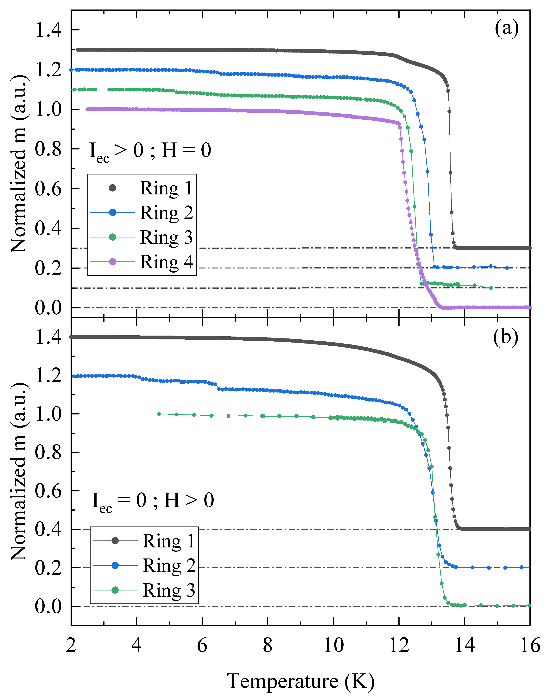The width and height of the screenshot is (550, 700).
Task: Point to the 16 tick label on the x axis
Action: pos(530,646)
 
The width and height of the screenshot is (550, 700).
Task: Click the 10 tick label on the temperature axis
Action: pos(333,646)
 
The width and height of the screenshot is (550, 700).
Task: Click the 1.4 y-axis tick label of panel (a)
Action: pos(48,30)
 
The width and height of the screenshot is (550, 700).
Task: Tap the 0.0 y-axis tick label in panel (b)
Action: pos(48,606)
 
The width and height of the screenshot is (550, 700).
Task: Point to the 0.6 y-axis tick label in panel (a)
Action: pos(48,189)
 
